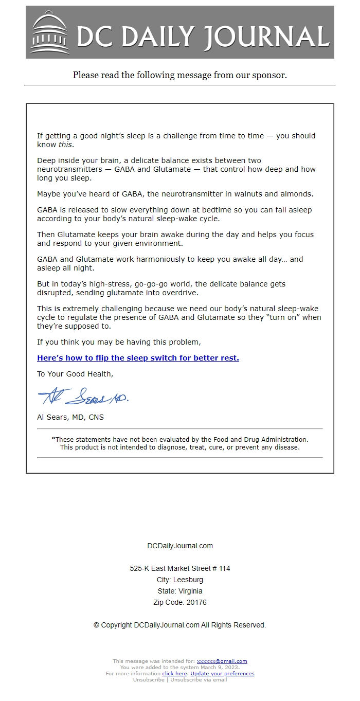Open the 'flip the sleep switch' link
click(x=138, y=358)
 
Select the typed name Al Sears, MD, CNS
click(x=70, y=417)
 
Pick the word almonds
click(x=296, y=194)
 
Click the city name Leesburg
click(x=188, y=580)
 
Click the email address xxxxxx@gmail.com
click(x=222, y=661)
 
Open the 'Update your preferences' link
click(x=222, y=674)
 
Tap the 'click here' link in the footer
click(x=174, y=674)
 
